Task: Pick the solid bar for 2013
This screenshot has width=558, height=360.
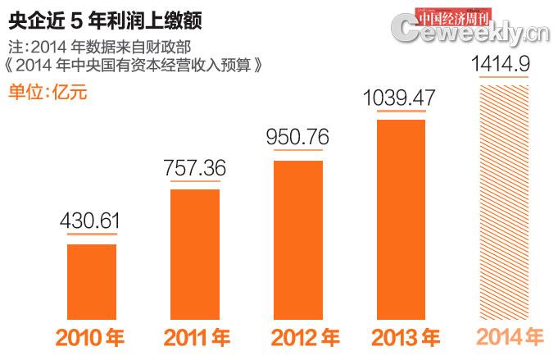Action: (401, 219)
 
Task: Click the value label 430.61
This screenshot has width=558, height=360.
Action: (92, 221)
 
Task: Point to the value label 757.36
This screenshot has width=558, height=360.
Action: (195, 168)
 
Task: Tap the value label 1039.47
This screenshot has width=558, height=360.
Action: (401, 98)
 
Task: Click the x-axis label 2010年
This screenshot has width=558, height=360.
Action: (91, 338)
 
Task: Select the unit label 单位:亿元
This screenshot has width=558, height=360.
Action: (47, 91)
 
